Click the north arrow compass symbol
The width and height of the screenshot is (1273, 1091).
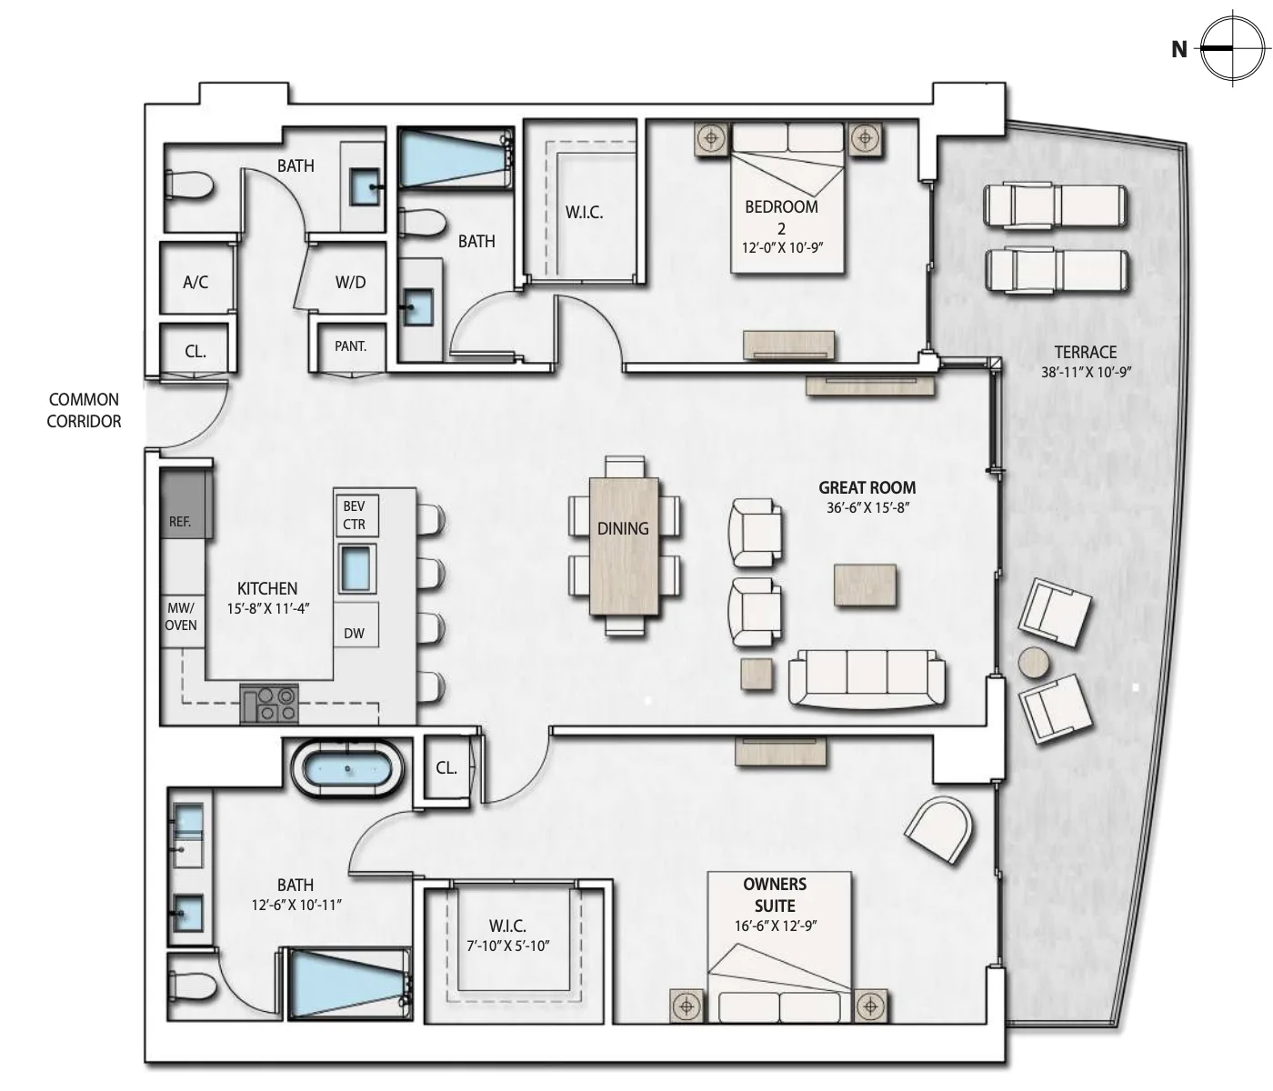(x=1232, y=48)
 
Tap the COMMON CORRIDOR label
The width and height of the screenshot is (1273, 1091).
(x=84, y=411)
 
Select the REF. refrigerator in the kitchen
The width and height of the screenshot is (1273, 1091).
(x=186, y=504)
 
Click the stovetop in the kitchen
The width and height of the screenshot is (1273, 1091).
(x=269, y=703)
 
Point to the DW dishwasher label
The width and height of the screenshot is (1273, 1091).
(x=354, y=634)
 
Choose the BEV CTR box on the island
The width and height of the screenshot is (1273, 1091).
(x=356, y=515)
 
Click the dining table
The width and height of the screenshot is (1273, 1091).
(x=624, y=546)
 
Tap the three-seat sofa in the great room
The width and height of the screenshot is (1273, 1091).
(x=867, y=678)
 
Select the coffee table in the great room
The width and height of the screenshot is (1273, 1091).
(x=865, y=585)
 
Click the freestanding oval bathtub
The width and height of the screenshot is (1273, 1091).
(x=347, y=769)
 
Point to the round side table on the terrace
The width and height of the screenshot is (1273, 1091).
(x=1034, y=663)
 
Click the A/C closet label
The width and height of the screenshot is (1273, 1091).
(x=195, y=283)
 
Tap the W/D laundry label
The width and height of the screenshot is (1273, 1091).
(x=350, y=283)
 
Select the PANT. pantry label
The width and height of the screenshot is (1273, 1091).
(x=350, y=346)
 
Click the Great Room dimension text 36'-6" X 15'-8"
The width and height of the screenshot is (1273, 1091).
(x=867, y=508)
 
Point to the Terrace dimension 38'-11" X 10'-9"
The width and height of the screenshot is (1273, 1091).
(x=1086, y=373)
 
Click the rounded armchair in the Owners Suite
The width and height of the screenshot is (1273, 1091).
(x=940, y=830)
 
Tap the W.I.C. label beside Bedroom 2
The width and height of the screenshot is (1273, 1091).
(x=584, y=213)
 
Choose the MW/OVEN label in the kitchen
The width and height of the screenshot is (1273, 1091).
(x=181, y=616)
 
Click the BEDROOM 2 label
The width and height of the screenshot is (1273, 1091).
(x=782, y=217)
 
